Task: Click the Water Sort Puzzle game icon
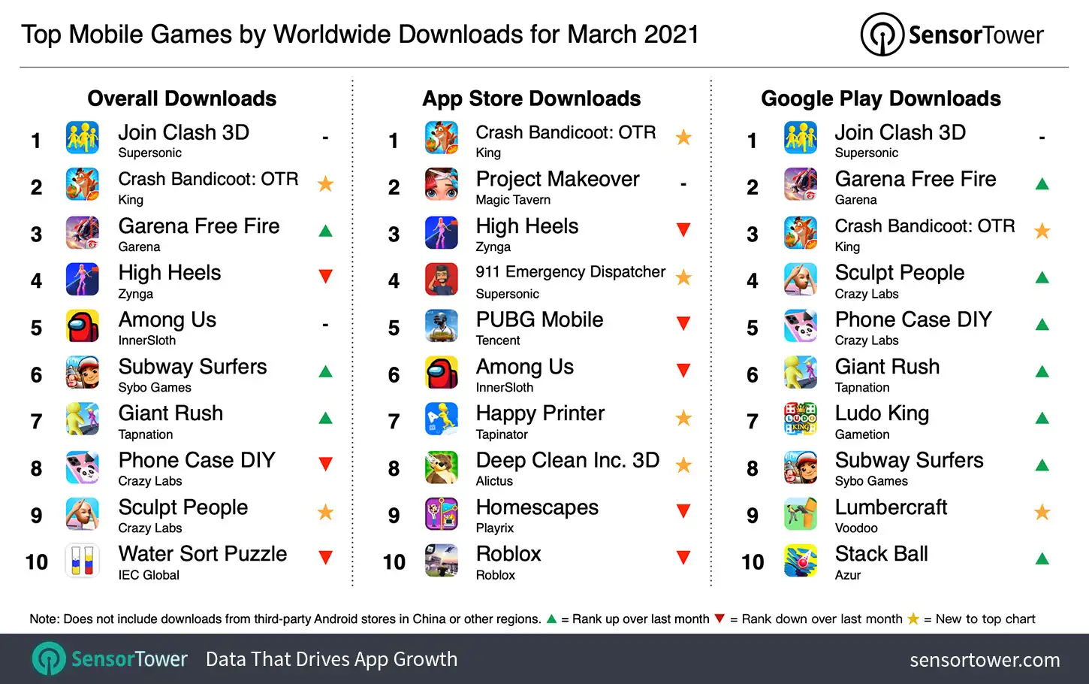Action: pos(82,561)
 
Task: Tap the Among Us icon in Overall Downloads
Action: pos(82,327)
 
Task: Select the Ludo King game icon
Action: pos(800,420)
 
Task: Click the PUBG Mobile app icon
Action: pos(441,327)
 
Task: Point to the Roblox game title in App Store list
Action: pos(508,554)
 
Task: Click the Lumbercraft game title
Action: pos(891,507)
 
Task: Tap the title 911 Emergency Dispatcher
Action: pos(570,272)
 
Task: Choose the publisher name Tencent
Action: pos(497,340)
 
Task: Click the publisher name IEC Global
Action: pos(149,575)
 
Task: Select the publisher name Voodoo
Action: pos(856,528)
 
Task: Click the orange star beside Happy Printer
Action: pos(683,418)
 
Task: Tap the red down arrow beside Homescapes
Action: pos(683,511)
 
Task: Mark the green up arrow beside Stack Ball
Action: pos(1042,558)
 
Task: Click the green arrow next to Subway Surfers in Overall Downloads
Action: pos(325,371)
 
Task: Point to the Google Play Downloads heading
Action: pos(880,98)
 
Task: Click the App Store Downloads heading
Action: pos(531,98)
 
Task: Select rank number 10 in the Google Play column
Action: pos(752,562)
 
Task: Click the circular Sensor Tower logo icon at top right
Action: pos(882,35)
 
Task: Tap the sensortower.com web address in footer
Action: pos(985,660)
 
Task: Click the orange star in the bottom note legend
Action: pos(913,619)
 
